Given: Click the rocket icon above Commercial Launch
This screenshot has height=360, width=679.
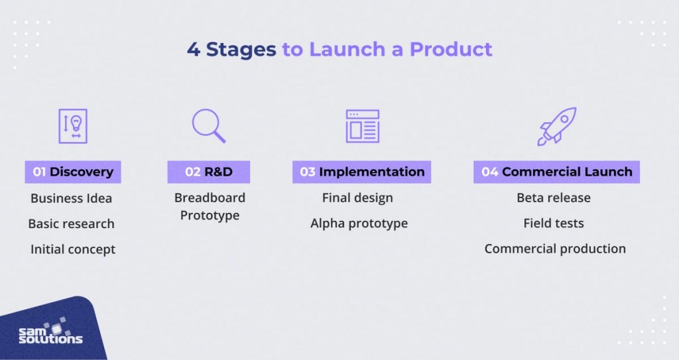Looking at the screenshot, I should coord(556,126).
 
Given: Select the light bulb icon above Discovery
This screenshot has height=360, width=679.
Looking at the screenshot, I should coord(73,126).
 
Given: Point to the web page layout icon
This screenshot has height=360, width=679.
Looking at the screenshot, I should coord(362,126).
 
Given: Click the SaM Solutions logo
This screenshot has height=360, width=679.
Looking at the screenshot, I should coord(50,331).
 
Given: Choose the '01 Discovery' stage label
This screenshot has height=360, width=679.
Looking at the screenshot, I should coord(73,172).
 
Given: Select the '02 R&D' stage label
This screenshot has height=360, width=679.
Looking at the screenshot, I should coord(208,172).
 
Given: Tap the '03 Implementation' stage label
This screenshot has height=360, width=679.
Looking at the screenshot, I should coord(361,172).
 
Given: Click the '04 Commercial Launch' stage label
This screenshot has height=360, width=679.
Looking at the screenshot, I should coord(556,172).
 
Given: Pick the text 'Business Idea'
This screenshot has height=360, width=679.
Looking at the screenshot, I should coord(72,198).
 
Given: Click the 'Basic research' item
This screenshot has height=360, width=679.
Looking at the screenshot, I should coord(71,223).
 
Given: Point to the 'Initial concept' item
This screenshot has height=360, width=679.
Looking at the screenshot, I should coord(73,249).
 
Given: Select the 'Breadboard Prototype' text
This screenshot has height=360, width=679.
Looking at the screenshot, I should coord(210,206).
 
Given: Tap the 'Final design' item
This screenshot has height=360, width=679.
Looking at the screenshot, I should coord(357,198).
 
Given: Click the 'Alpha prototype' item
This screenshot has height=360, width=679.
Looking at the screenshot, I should coord(359,223).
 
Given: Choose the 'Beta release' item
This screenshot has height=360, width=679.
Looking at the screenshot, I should coord(554,198).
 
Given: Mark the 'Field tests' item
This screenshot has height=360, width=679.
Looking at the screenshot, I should coord(554,223).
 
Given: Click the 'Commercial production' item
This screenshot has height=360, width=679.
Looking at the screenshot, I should coord(555,249).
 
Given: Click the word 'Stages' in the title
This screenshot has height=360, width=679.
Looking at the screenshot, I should coord(241,50).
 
